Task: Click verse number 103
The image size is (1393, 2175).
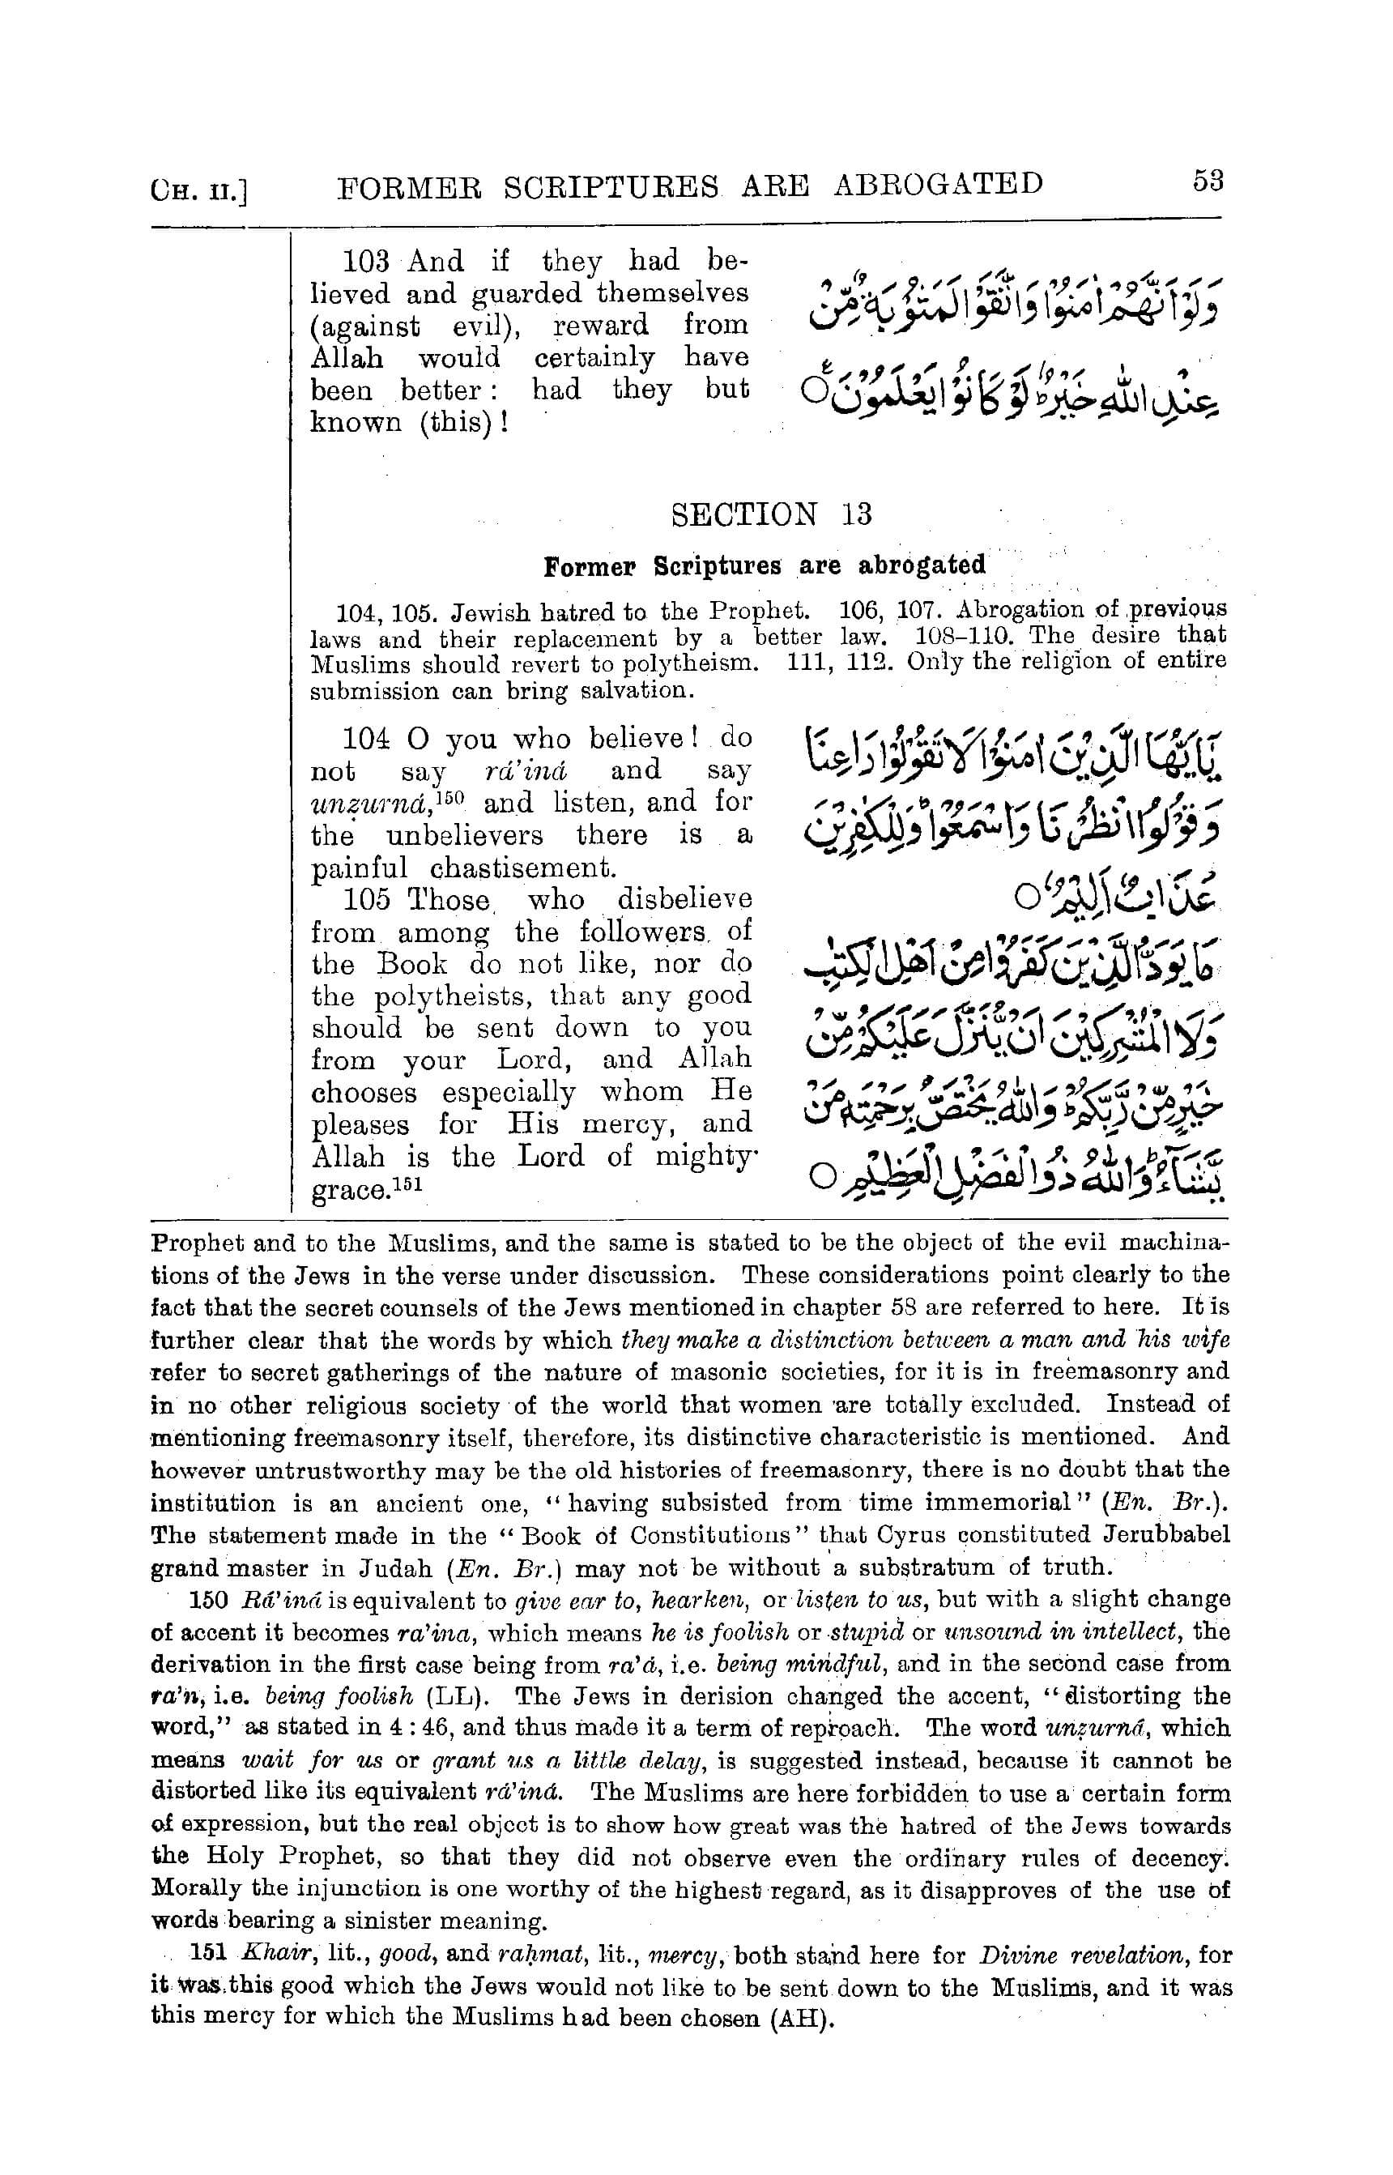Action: [x=365, y=261]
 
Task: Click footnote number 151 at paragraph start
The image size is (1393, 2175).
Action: [x=211, y=1955]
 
